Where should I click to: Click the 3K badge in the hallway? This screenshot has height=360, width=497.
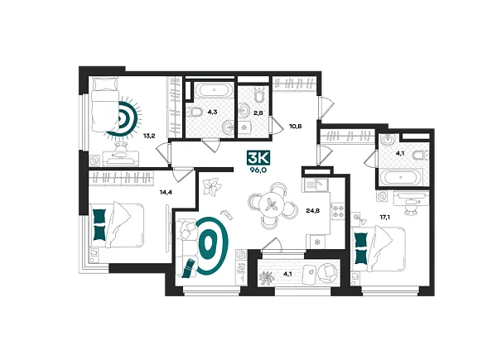point(258,158)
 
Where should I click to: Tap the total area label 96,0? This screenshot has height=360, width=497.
point(258,170)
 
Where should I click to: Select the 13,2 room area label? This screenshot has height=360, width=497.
point(148,137)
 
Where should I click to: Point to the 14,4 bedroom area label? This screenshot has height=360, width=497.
point(166,192)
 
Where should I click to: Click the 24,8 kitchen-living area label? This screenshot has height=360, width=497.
point(312,210)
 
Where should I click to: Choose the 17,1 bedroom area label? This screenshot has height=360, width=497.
point(385,217)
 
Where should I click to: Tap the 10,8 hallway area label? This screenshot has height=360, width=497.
point(295,126)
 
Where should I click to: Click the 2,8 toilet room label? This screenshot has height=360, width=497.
point(258,112)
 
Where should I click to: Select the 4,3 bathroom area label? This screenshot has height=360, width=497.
point(212,112)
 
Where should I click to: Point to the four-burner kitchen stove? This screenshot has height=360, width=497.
point(338,210)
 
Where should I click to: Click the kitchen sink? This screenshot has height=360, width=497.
point(316,185)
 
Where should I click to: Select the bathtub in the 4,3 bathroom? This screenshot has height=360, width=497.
point(215,89)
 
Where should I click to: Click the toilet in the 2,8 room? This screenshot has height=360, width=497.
point(259,95)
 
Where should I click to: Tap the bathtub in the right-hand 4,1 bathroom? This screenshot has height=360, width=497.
point(401,178)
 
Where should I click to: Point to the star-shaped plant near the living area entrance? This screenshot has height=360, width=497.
point(211,187)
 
